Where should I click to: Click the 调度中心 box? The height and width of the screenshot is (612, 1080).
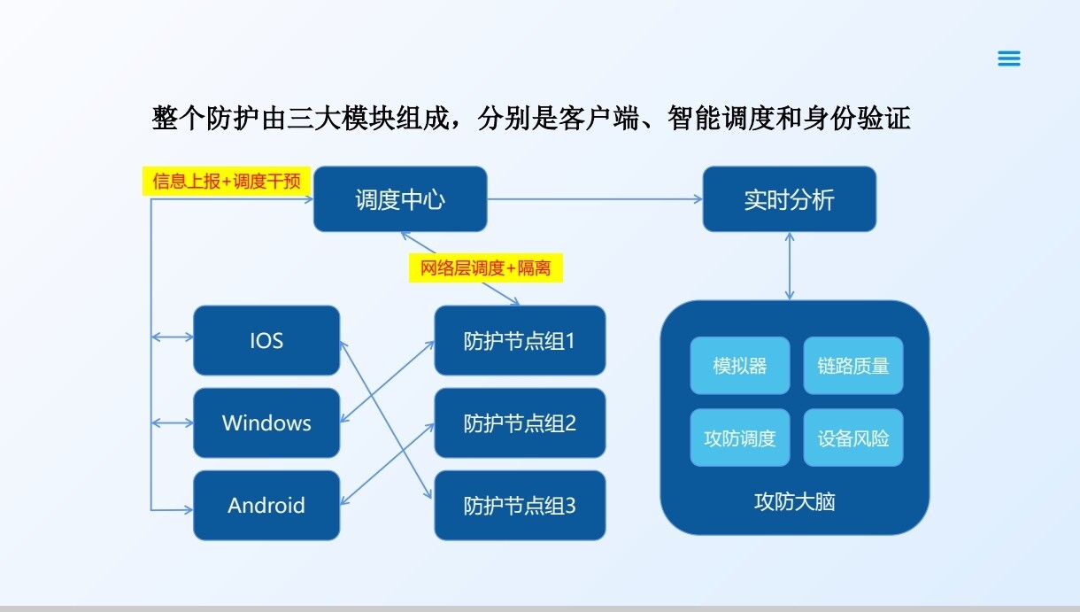400,199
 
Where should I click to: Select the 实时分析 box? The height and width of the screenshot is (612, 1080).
789,199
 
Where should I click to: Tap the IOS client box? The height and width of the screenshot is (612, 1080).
266,340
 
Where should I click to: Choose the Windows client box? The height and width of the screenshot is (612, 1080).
266,422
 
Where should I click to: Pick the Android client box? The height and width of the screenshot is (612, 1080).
266,505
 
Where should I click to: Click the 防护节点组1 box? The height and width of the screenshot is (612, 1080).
520,340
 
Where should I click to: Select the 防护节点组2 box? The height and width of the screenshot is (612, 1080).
520,422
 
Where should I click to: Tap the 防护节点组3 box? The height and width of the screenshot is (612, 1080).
520,505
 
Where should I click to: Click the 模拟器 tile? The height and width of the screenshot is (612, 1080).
740,365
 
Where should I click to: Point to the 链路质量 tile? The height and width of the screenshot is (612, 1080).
853,365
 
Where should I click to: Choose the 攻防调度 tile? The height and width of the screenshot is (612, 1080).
740,438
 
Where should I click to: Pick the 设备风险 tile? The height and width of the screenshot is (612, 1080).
853,438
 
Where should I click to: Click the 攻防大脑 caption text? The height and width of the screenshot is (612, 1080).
794,502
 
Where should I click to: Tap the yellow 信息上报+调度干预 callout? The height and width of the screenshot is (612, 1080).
227,182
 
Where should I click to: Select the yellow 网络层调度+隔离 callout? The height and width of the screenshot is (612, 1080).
486,267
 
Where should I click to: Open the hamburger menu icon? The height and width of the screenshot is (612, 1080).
1009,58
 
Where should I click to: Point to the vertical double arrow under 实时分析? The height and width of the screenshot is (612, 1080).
789,266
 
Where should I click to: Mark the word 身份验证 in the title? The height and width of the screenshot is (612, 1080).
855,118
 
